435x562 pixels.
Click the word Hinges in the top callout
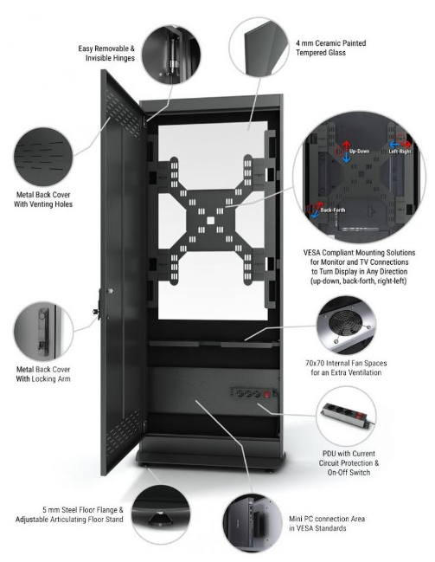123,58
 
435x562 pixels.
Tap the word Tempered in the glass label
310,53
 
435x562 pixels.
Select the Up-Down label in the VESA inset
359,152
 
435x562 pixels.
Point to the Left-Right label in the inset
400,152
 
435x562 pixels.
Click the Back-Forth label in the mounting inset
333,210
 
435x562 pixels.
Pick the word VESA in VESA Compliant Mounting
312,253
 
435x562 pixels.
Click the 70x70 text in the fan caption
315,363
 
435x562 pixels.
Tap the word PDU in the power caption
329,454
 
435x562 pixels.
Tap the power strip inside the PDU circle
346,415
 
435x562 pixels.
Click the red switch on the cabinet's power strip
266,395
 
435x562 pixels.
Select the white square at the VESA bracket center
210,220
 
